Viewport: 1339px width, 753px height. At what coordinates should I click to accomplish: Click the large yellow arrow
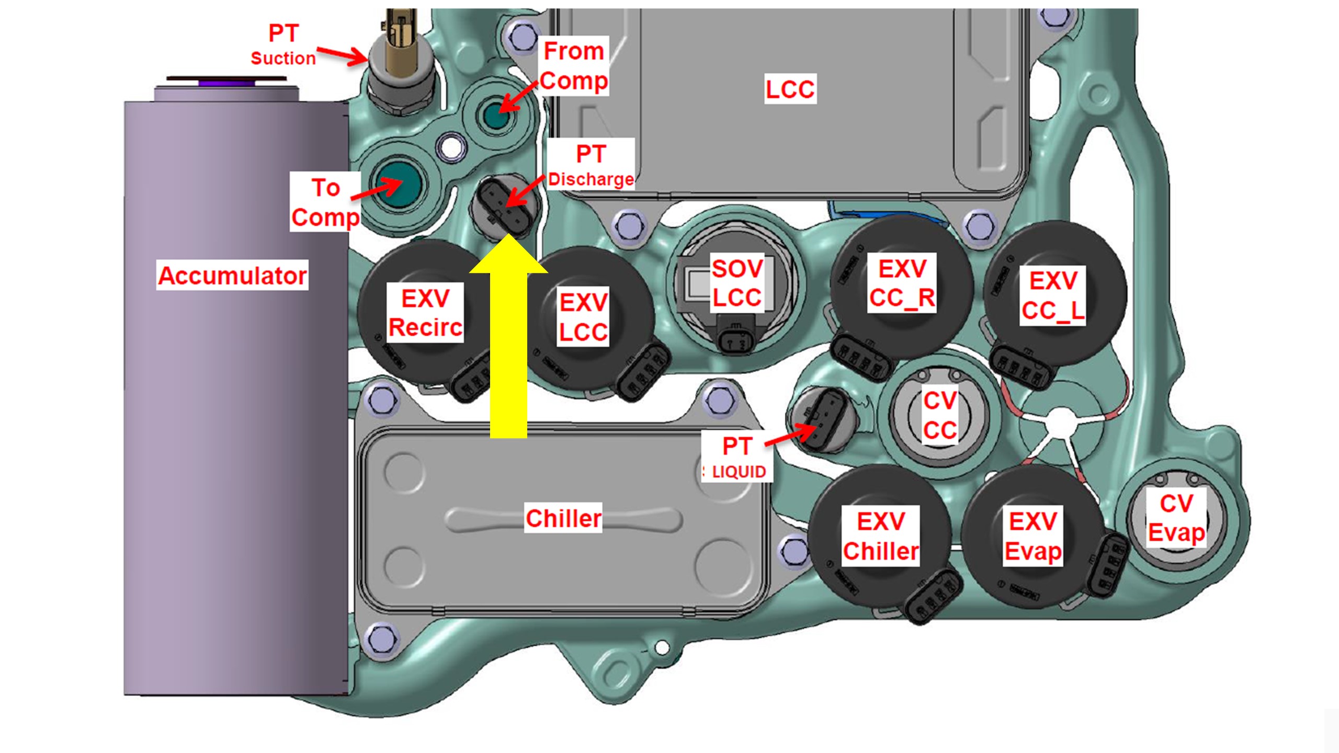point(508,345)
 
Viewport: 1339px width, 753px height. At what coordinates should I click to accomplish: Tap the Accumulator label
point(232,275)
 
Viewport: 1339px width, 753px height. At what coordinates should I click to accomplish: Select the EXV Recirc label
point(425,313)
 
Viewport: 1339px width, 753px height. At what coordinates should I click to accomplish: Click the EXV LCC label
point(583,317)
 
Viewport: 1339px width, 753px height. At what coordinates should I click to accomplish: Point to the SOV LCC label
point(737,283)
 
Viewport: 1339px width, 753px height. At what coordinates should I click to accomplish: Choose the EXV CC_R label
point(902,283)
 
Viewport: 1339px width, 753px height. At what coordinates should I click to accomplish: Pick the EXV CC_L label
point(1053,295)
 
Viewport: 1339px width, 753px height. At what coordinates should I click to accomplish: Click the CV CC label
point(940,415)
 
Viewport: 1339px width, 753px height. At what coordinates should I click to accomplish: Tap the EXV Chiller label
point(881,536)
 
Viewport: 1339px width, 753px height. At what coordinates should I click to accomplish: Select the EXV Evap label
point(1033,536)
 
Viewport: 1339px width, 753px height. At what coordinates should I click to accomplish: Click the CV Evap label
point(1176,518)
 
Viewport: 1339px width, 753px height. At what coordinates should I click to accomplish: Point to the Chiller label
point(563,518)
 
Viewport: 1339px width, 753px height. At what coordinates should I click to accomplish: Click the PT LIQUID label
point(736,458)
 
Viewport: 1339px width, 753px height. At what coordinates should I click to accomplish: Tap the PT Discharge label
point(591,164)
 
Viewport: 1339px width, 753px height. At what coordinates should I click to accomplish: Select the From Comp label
point(574,65)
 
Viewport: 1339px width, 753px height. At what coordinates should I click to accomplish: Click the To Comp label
point(325,202)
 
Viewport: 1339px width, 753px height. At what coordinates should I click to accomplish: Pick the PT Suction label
point(283,44)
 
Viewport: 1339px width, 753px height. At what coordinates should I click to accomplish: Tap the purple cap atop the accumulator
point(226,82)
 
